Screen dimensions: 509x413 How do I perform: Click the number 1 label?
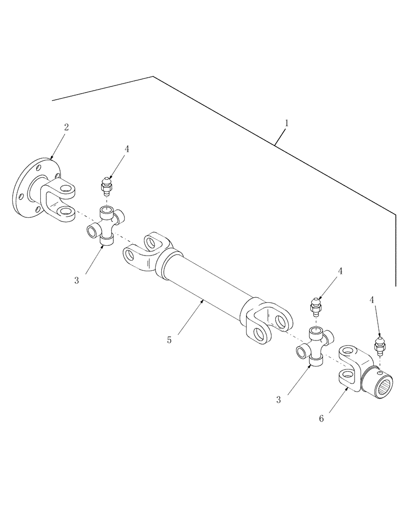pos(287,123)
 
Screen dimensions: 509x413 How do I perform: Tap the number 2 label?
pos(66,127)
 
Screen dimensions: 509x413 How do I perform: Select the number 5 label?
pos(169,340)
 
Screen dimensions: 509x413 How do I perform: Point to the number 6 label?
pos(321,418)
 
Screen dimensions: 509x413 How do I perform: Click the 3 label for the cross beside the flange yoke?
pos(77,280)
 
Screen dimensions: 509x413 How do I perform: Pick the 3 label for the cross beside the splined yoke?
pos(279,400)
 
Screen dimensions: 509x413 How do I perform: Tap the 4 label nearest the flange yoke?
pos(127,149)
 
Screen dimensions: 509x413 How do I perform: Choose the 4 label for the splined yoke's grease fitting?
pos(372,300)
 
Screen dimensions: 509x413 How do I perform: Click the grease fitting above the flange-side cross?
pos(106,186)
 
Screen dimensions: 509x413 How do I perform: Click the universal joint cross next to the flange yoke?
pos(106,223)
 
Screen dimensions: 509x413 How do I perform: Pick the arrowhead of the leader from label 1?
pos(275,146)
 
